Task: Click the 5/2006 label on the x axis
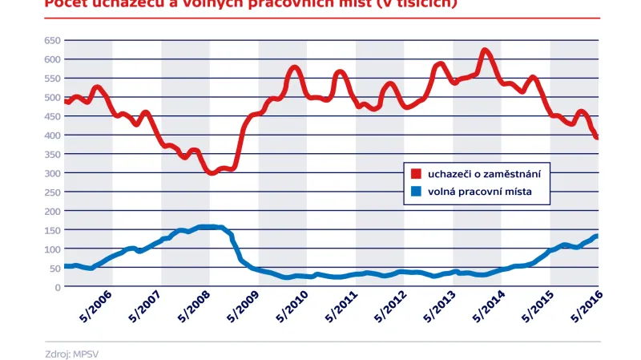click(x=97, y=306)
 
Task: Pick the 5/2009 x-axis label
click(x=244, y=306)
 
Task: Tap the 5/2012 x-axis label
click(x=390, y=306)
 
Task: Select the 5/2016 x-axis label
click(x=586, y=306)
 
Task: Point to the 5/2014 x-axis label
click(x=488, y=306)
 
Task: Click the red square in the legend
click(x=416, y=173)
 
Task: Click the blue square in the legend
click(x=416, y=192)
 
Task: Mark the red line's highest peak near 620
click(x=486, y=52)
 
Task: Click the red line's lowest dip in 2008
click(x=212, y=172)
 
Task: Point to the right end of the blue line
click(x=597, y=236)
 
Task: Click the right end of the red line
click(x=597, y=137)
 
